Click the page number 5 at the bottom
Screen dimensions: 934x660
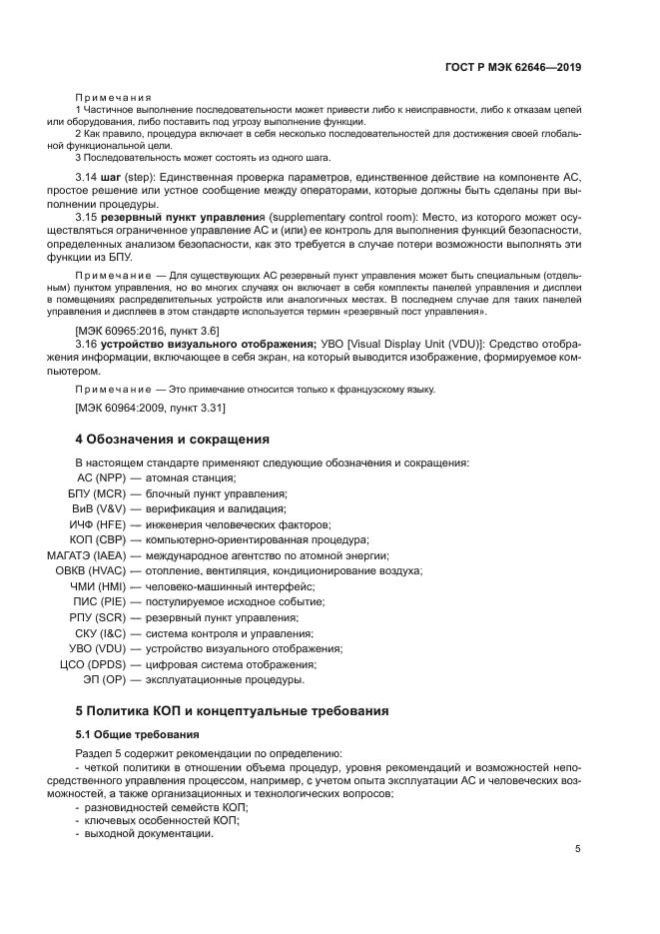click(578, 850)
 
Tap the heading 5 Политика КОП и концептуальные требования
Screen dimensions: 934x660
click(232, 710)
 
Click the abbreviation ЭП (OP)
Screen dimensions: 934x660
click(103, 679)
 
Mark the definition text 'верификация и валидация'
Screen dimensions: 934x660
click(210, 508)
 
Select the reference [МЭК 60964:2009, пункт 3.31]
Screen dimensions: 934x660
click(151, 408)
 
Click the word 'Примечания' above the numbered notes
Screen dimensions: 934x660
click(114, 95)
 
